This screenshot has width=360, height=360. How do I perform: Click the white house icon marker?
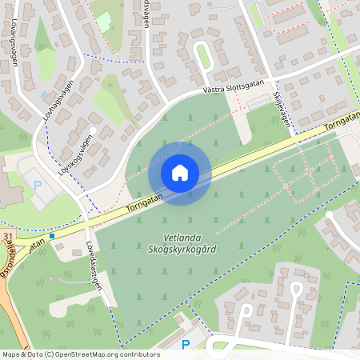tap(179, 173)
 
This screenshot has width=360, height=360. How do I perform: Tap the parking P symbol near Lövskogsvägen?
tap(37, 185)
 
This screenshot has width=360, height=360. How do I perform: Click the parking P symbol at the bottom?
tap(186, 345)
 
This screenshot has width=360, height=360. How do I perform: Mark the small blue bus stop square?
tap(52, 236)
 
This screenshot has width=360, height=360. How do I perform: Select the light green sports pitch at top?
tap(103, 22)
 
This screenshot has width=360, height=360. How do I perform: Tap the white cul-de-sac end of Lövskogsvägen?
tap(93, 129)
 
